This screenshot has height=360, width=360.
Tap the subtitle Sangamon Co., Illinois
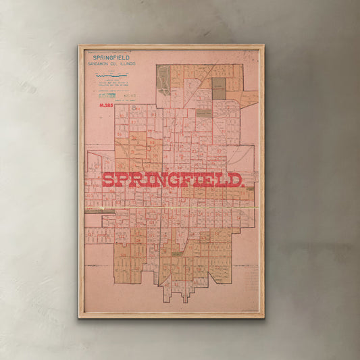pos(109,64)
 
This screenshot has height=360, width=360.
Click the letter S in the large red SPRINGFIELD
pos(109,180)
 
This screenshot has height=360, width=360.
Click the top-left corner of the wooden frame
pos(80,47)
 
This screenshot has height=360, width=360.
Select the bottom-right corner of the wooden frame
pos(263,317)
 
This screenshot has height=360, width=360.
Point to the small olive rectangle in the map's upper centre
pos(203,113)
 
